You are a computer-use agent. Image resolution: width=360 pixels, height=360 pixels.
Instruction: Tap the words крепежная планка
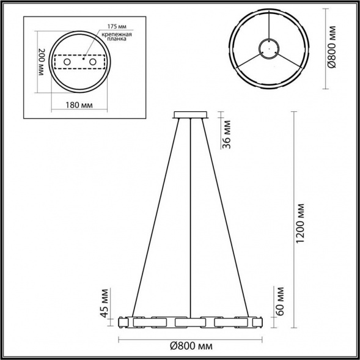coord(118,41)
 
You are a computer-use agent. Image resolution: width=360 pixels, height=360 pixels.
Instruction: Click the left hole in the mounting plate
coord(67,63)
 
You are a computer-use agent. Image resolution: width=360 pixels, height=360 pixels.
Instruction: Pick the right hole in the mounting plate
coord(93,62)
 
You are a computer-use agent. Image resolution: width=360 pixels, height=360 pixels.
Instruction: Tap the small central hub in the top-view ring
coord(266,47)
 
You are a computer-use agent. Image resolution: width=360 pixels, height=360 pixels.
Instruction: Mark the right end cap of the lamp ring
coord(263,321)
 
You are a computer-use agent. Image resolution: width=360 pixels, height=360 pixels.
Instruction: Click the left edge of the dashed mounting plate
coord(55,63)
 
